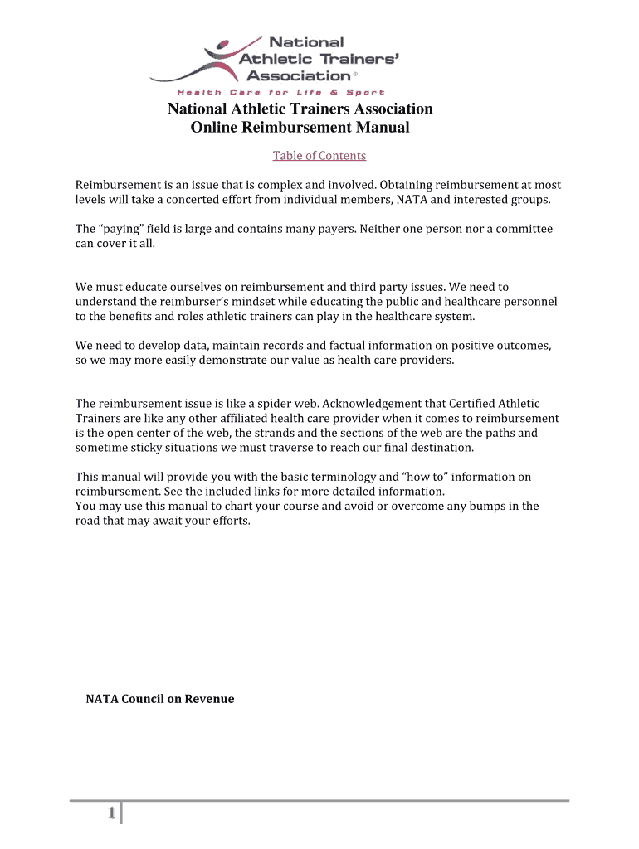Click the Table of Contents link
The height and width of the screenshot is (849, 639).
pos(319,156)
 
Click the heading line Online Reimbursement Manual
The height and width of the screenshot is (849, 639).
pos(300,128)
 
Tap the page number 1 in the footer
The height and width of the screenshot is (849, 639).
pos(110,815)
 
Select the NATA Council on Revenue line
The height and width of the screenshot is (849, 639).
pos(160,699)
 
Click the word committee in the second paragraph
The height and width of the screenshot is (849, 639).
pos(524,229)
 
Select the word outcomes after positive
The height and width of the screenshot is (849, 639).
pos(527,345)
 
